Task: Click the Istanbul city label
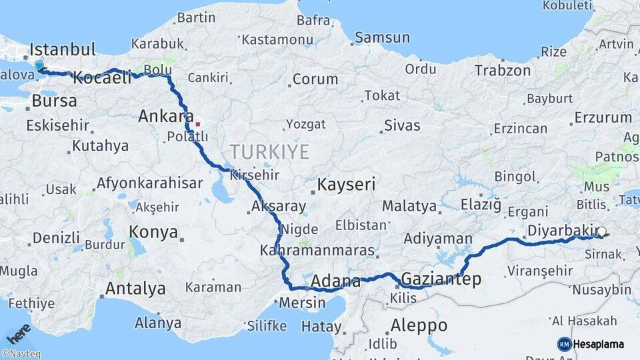point(63,50)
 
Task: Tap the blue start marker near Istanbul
point(39,65)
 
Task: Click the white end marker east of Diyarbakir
point(602,232)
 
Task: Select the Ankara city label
point(161,117)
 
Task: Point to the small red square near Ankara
point(197,123)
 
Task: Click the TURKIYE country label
point(269,152)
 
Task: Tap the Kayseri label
point(347,184)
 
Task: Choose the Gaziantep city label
point(441,279)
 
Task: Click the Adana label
point(336,280)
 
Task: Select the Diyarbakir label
point(559,231)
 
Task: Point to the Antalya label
point(135,289)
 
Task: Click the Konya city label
point(154,232)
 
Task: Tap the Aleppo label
point(419,326)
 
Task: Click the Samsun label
point(382,38)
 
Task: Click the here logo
point(18,333)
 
